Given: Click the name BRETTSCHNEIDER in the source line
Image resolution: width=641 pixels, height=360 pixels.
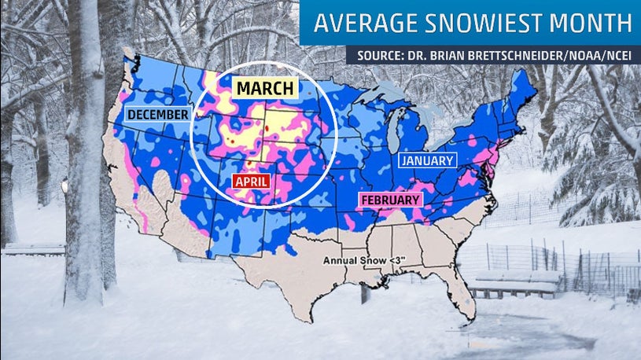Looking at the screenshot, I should click(503, 57).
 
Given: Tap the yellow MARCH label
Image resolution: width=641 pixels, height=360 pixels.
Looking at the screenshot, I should click(263, 86).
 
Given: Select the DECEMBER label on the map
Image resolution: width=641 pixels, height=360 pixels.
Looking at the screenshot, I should click(157, 116).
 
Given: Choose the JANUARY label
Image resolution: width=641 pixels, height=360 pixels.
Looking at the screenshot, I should click(428, 160).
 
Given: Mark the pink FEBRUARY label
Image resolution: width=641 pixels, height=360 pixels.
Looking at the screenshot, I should click(390, 200).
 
